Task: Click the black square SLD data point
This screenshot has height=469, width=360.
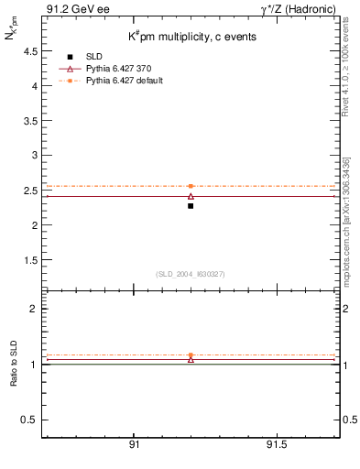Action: click(191, 206)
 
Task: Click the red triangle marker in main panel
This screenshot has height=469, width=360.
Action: click(191, 196)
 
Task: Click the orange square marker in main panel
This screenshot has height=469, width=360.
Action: click(191, 186)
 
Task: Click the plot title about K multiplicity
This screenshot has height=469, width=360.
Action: click(191, 37)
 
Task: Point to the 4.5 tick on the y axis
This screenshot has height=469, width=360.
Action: click(28, 52)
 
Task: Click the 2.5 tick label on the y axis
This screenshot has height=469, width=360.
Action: click(28, 191)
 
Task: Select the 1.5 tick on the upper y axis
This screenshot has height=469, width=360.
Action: click(28, 260)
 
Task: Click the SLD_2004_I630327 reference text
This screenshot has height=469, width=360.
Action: click(191, 274)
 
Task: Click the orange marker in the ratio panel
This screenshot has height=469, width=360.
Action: click(191, 354)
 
